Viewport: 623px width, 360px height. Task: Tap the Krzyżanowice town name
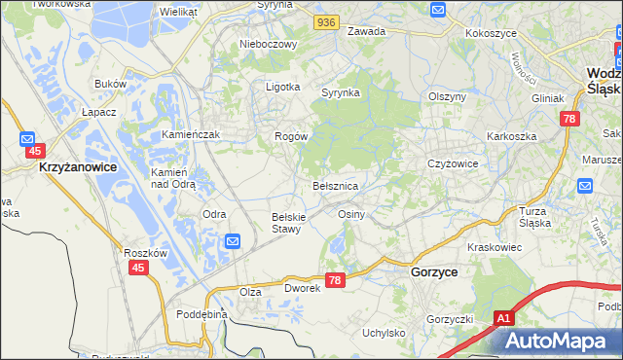click(x=78, y=167)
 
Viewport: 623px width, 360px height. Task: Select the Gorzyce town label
click(x=434, y=274)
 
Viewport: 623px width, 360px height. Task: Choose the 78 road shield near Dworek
click(x=335, y=280)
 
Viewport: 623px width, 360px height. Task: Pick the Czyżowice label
click(x=453, y=163)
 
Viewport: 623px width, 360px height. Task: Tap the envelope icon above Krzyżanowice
click(x=28, y=139)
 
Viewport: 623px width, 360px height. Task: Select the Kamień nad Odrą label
click(x=174, y=177)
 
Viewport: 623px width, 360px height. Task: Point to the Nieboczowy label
click(x=266, y=44)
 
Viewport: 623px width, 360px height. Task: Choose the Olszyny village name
click(x=449, y=96)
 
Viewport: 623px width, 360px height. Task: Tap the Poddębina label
click(x=202, y=314)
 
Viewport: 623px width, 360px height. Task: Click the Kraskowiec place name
click(x=495, y=248)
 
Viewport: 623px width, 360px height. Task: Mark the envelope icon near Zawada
click(x=437, y=10)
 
